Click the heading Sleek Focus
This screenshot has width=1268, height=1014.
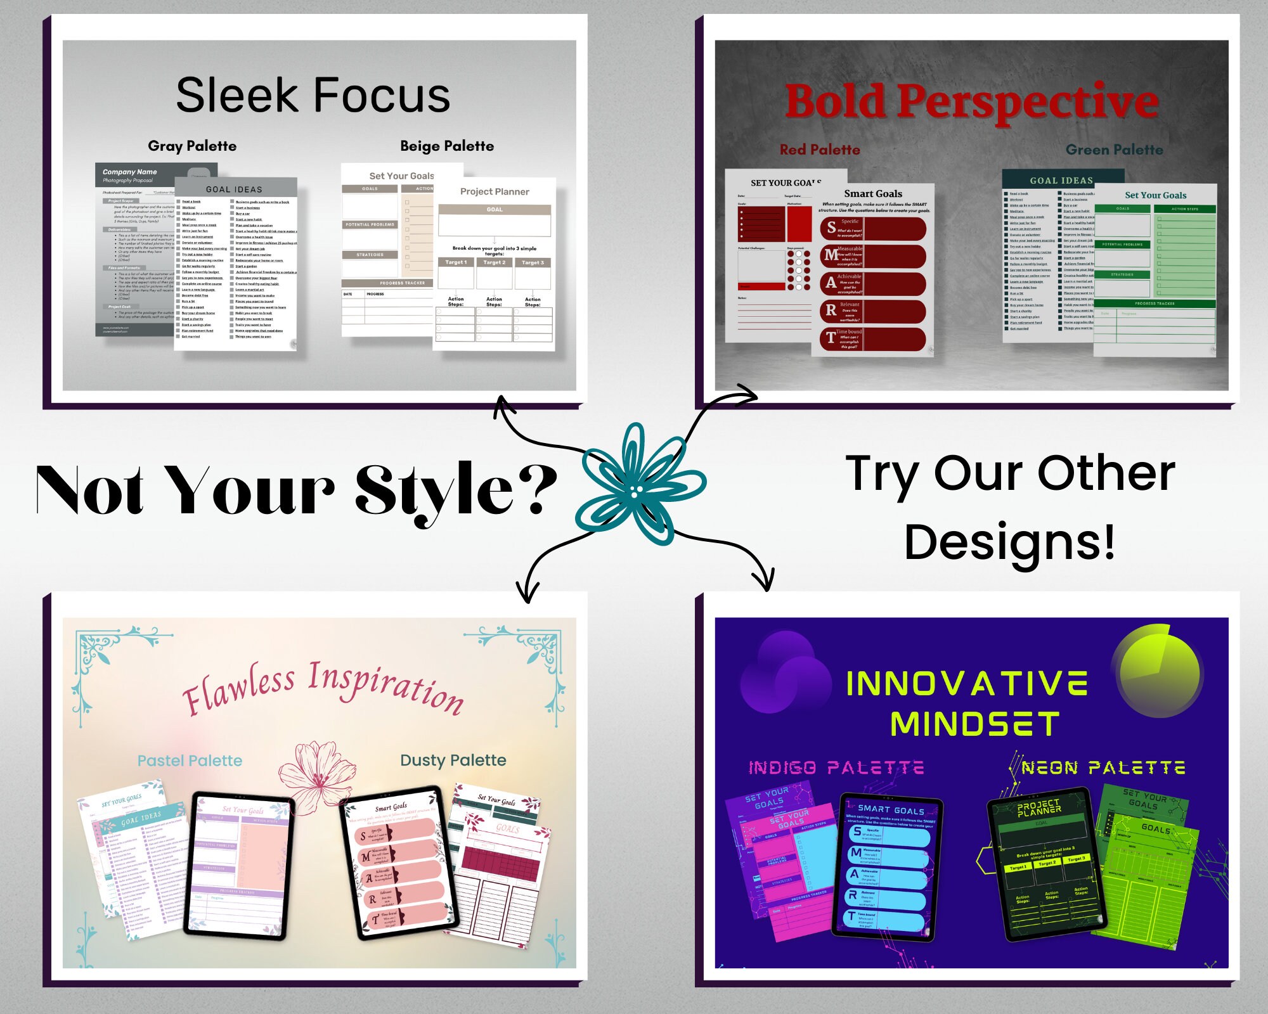(313, 95)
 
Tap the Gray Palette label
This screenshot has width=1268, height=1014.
(192, 146)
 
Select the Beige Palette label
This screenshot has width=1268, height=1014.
(447, 146)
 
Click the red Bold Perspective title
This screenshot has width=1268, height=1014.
(971, 101)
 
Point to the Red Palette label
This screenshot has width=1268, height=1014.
(820, 150)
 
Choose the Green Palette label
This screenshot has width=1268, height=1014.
(1114, 150)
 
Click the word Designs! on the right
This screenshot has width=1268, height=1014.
(1009, 542)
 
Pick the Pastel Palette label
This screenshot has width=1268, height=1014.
(190, 760)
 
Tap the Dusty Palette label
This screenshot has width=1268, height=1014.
(453, 760)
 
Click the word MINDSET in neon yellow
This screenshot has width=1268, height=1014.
(974, 724)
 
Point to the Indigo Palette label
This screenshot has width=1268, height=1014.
(836, 768)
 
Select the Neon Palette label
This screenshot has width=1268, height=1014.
(1103, 768)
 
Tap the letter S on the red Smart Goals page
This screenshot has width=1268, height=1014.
(831, 227)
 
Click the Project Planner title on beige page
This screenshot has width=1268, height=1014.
(495, 191)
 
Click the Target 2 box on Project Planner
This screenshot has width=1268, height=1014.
(494, 262)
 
